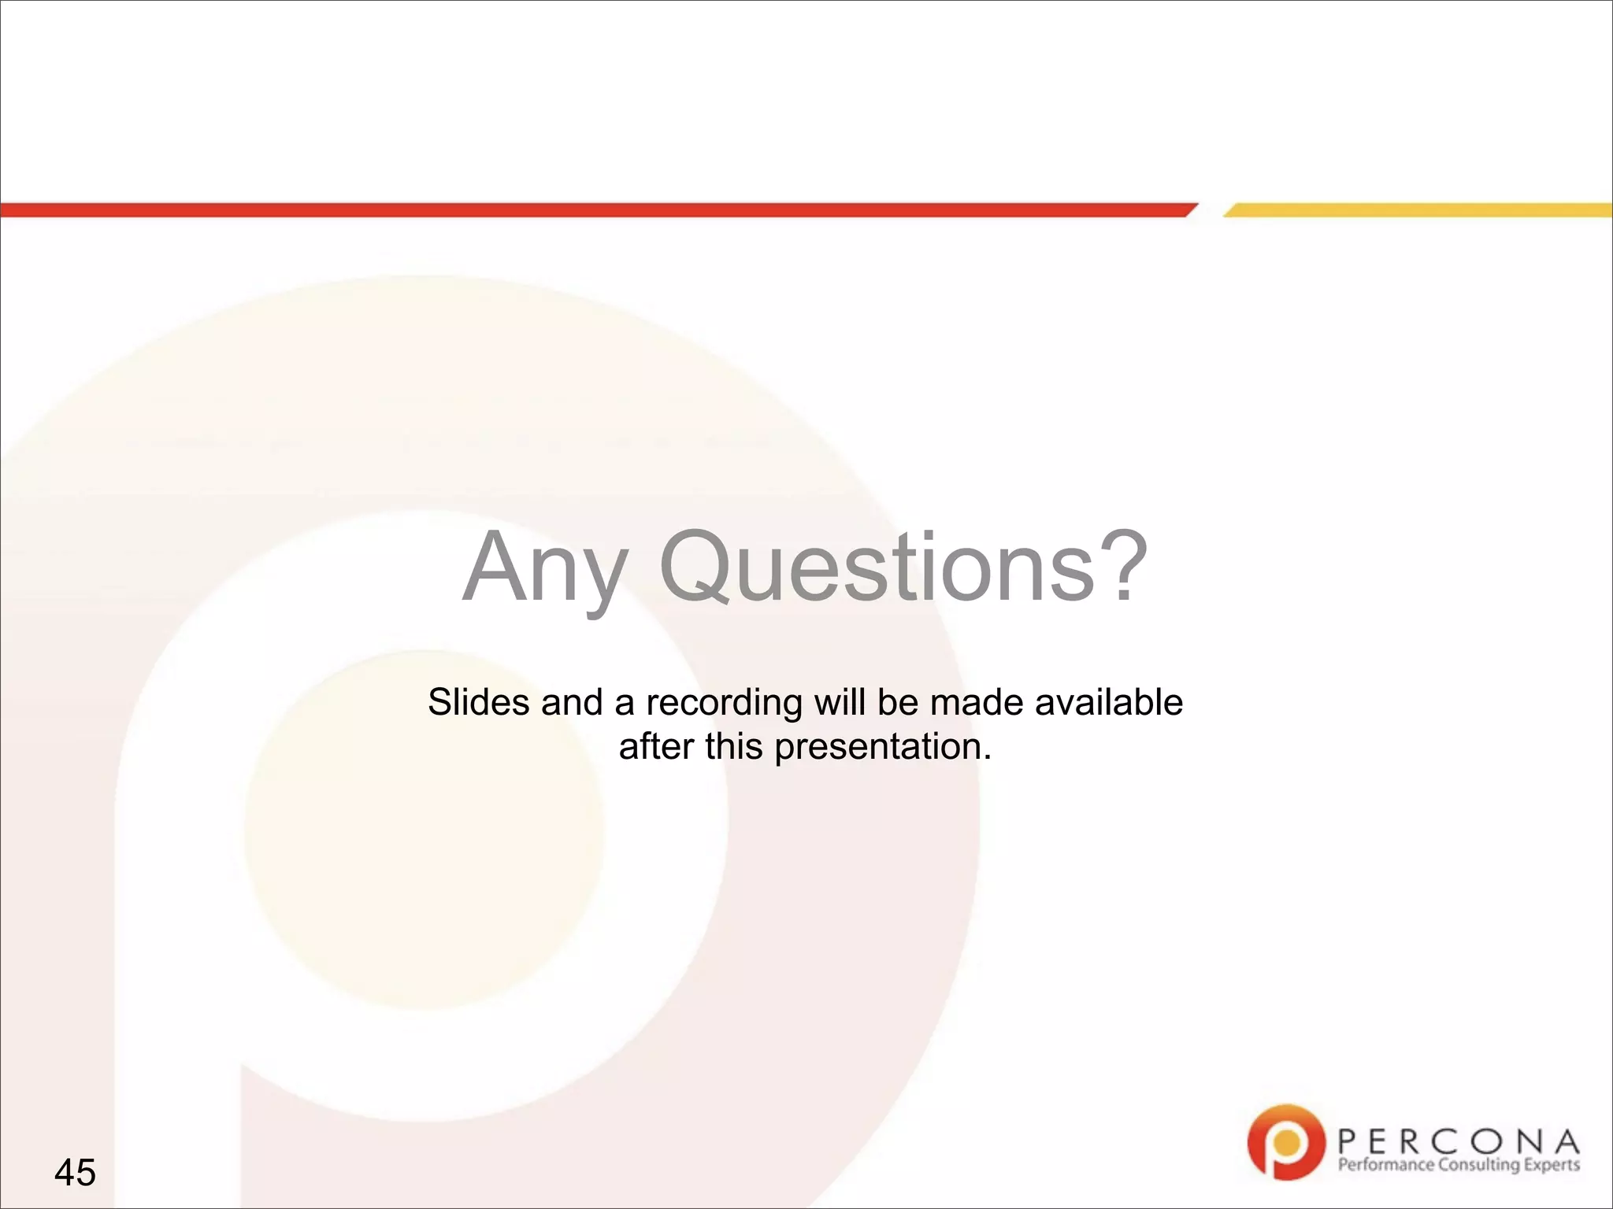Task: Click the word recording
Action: coord(724,703)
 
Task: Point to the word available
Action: coord(1108,701)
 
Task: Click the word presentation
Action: coord(882,747)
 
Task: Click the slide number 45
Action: coord(75,1172)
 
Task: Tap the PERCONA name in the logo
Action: coord(1458,1141)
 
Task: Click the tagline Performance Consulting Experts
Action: coord(1458,1165)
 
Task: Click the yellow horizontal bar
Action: coord(1418,209)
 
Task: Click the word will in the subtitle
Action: coord(840,701)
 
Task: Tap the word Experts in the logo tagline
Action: coord(1552,1165)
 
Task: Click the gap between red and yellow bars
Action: coord(1210,209)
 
